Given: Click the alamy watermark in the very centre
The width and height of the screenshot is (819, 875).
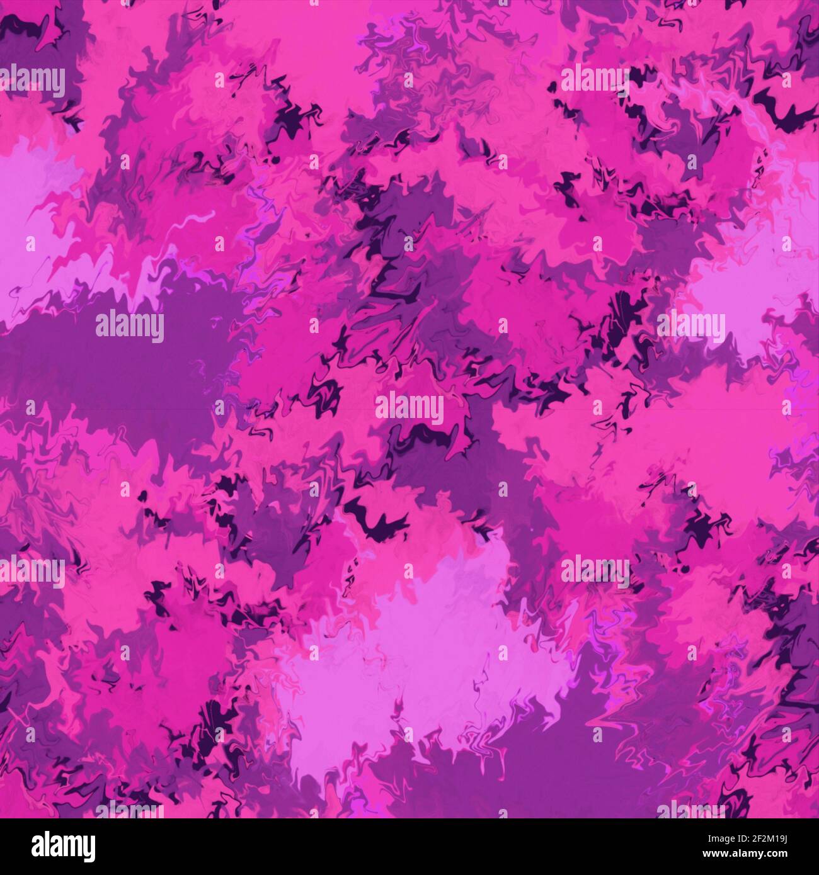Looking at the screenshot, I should click(x=409, y=409).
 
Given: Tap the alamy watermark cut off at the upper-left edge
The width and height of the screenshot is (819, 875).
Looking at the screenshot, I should click(x=31, y=82).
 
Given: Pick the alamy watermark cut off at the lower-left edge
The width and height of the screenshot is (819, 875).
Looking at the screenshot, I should click(x=31, y=572).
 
